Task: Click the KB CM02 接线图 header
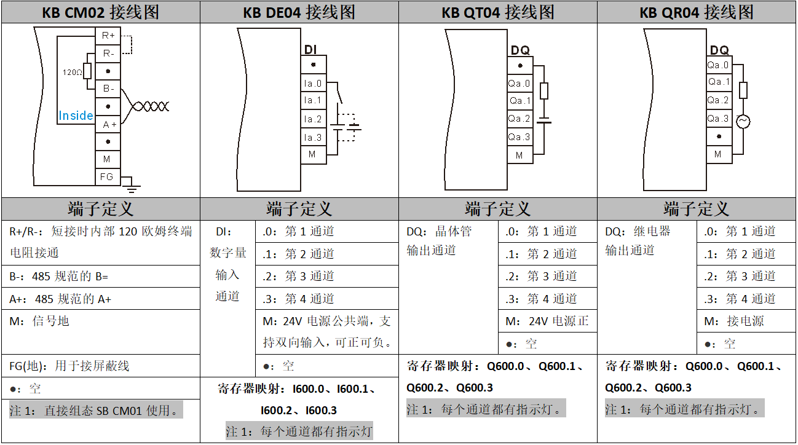coord(100,12)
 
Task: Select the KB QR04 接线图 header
coord(697,12)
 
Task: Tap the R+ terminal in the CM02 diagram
coord(108,36)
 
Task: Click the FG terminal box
coord(107,176)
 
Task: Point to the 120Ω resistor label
coord(72,72)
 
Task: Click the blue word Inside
coord(76,116)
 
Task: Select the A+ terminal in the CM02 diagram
coord(109,124)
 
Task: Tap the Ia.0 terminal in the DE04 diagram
coord(313,83)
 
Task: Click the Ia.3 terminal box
coord(313,138)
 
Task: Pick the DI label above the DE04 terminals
coord(311,50)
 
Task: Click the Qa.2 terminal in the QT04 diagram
coord(519,119)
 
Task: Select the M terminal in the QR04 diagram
coord(718,154)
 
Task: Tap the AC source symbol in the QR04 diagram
coord(743,122)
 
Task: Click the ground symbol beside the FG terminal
coord(132,183)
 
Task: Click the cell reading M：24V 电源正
coord(547,321)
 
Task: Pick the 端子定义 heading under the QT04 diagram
coord(497,209)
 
